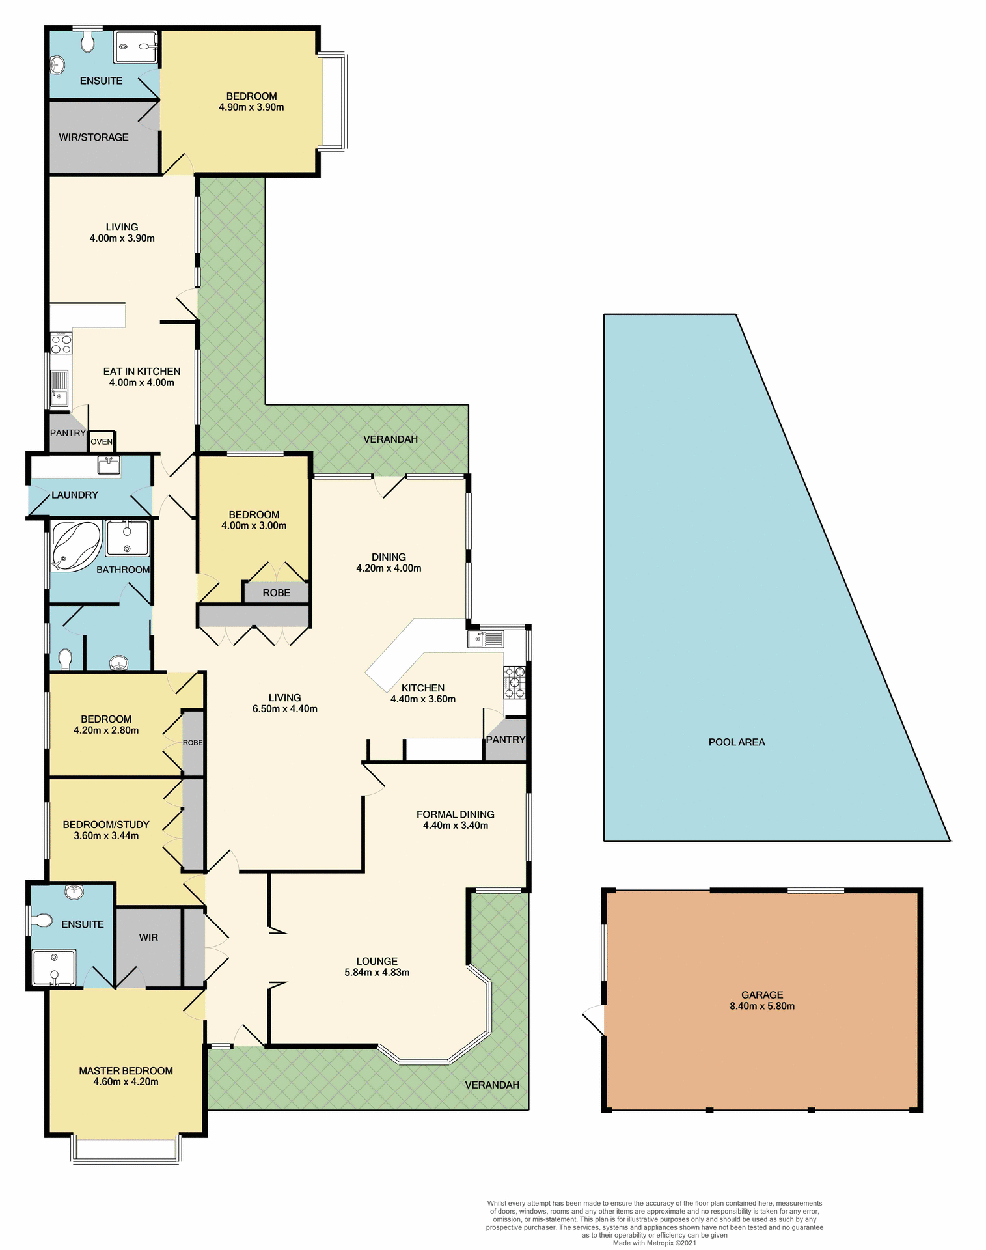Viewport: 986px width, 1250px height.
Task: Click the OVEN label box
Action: click(102, 441)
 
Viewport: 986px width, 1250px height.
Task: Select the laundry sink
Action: click(109, 465)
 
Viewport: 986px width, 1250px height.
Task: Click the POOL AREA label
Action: click(736, 742)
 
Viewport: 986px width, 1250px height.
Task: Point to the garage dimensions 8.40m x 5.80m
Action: click(761, 1006)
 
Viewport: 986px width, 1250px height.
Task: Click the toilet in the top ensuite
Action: click(88, 43)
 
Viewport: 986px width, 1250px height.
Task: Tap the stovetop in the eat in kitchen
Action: click(61, 342)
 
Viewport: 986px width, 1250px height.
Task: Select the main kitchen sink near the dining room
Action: click(486, 639)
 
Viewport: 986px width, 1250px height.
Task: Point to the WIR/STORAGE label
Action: click(94, 137)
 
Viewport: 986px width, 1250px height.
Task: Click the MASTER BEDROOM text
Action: click(126, 1070)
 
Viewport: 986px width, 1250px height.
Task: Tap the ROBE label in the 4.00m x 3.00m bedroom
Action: click(276, 593)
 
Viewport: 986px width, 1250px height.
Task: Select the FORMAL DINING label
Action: click(455, 814)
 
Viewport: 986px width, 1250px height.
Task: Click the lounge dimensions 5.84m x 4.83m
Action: click(377, 972)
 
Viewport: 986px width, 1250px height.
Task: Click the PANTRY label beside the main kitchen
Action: click(506, 740)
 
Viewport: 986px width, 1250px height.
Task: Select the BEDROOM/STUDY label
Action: click(106, 824)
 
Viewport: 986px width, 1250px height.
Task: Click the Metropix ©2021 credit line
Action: click(654, 1243)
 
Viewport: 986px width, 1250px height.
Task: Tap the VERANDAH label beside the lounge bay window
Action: click(492, 1085)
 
